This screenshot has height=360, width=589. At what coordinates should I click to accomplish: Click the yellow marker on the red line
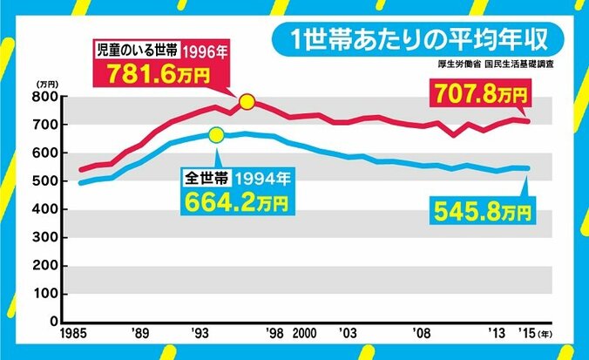[x=247, y=102]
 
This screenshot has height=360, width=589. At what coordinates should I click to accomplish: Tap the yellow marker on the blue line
[x=216, y=134]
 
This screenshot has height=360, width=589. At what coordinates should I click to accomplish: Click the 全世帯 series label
[x=203, y=177]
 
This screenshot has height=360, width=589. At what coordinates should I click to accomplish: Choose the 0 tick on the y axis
[x=52, y=322]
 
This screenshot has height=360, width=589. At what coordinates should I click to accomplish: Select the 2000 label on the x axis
[x=304, y=335]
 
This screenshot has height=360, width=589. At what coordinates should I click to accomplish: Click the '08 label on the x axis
[x=422, y=335]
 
